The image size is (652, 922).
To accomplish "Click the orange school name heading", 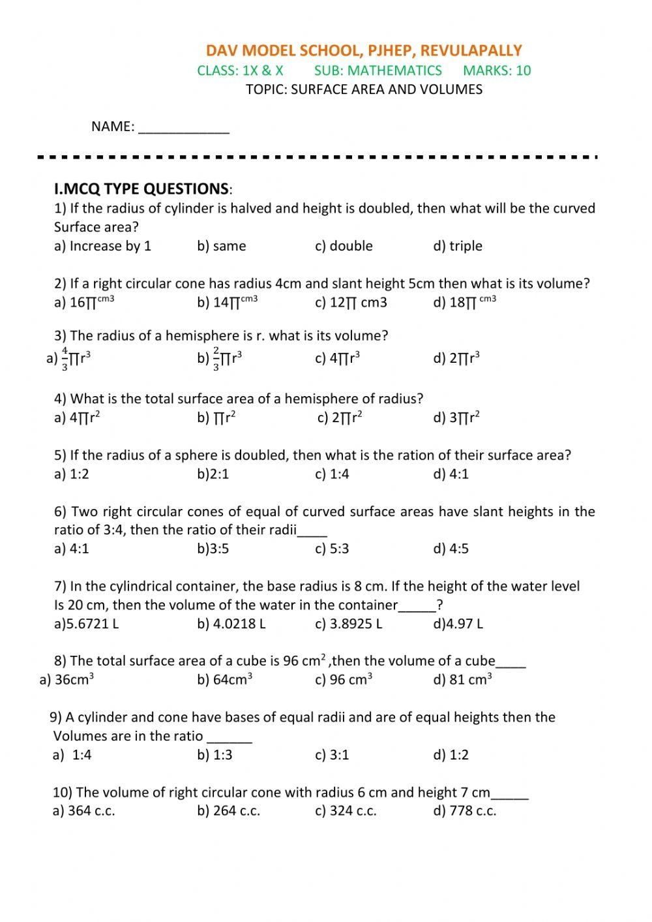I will (364, 51).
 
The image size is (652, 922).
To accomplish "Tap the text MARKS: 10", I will (497, 70).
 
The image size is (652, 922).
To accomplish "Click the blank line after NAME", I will (184, 128).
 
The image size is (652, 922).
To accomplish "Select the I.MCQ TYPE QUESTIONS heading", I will (143, 189).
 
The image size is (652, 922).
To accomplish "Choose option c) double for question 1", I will (344, 246).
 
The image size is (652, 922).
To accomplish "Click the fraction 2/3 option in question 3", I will (220, 358).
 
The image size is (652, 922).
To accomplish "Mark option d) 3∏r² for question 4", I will (456, 418).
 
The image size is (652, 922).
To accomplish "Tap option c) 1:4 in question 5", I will (332, 474).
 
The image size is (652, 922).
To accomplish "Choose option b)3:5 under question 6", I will (213, 549).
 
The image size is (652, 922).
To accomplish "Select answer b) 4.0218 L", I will (231, 624).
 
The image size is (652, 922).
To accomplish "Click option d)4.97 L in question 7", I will (458, 624).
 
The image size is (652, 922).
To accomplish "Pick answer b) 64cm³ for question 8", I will (225, 680).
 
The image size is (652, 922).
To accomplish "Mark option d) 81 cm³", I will (462, 680).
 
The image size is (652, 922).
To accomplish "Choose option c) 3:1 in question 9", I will (332, 755).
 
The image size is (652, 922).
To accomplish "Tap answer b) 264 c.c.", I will (229, 811).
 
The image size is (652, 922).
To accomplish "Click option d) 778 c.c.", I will (465, 811).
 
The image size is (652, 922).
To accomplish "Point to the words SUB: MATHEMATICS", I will (378, 70).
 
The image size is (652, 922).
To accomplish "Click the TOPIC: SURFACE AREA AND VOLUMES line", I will (364, 89).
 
